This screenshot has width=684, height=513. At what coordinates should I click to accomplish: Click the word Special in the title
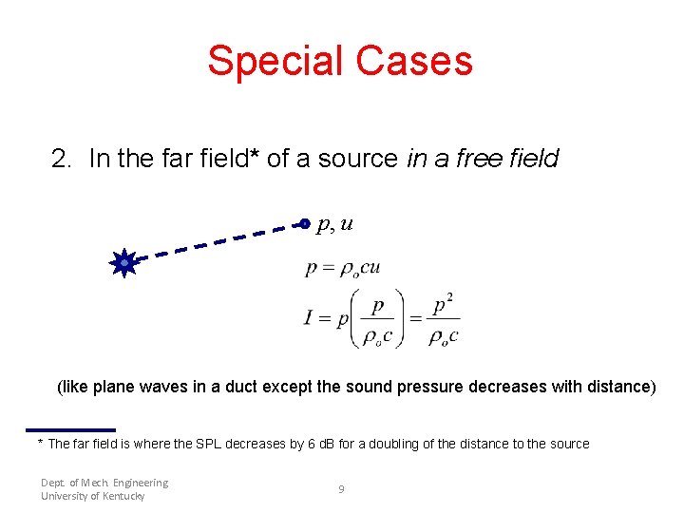click(275, 61)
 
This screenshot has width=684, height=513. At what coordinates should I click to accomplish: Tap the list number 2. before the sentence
click(63, 159)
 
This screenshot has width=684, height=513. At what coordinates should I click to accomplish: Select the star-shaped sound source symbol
click(124, 262)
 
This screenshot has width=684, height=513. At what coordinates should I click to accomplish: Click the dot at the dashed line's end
click(303, 224)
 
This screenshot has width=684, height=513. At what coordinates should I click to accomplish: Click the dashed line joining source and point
click(214, 242)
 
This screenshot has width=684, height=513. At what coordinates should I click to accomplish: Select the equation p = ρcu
click(343, 268)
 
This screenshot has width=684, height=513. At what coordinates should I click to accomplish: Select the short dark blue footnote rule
click(70, 429)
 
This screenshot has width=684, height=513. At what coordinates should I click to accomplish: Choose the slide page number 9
click(341, 489)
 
